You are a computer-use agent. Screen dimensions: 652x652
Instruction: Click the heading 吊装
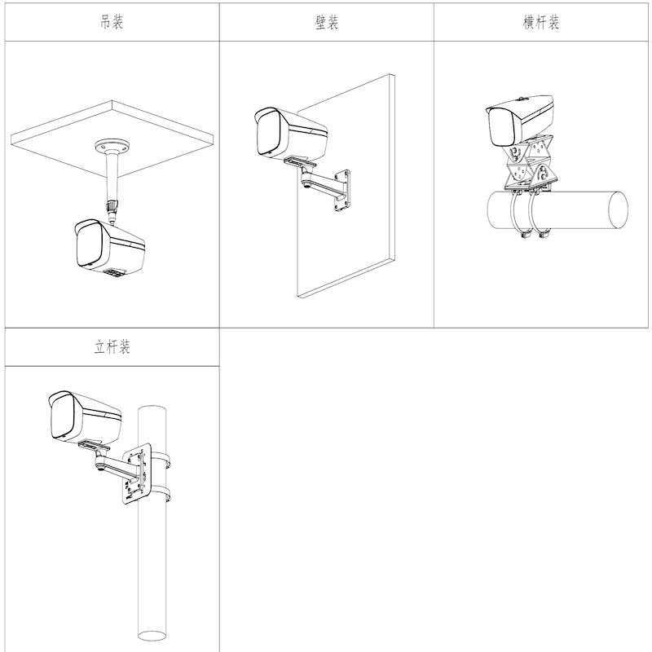[x=112, y=22]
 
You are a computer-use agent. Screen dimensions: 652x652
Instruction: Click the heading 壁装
[x=327, y=23]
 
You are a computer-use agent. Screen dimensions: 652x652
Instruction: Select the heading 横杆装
[x=540, y=22]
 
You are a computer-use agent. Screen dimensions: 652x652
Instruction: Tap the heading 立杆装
[x=112, y=347]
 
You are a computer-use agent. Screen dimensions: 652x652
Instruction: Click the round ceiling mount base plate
[x=112, y=148]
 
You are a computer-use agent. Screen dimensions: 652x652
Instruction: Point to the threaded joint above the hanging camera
[x=112, y=206]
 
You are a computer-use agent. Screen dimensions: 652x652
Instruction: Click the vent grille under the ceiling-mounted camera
[x=114, y=273]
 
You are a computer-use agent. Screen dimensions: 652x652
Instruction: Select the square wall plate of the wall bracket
[x=342, y=190]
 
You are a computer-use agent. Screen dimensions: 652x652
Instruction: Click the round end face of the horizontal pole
[x=619, y=210]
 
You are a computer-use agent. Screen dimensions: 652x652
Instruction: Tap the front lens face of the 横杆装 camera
[x=503, y=127]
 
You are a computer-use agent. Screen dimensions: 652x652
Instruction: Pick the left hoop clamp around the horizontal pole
[x=518, y=214]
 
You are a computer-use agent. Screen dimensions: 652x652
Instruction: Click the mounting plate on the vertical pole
[x=136, y=474]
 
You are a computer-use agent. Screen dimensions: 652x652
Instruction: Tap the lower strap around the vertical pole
[x=161, y=494]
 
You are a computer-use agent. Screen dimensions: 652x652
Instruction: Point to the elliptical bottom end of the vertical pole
[x=152, y=636]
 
